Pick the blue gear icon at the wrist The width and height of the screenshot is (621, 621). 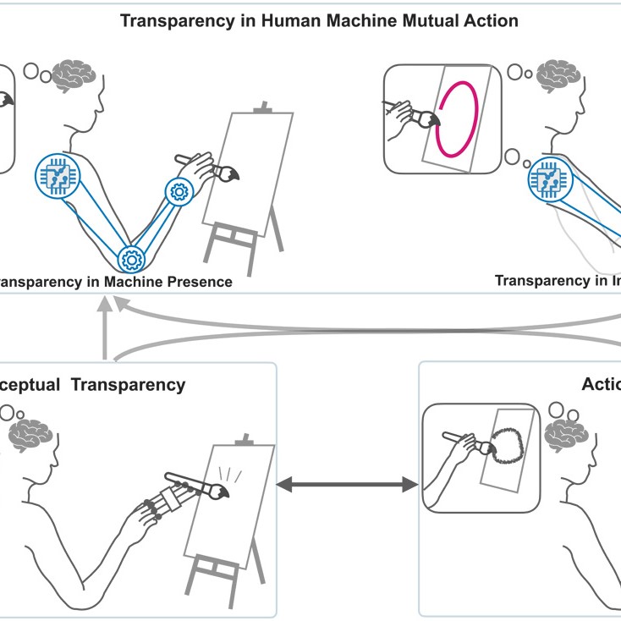pos(179,190)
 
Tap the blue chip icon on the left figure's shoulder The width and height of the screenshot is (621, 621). pos(58,177)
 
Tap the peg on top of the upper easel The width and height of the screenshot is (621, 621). pos(265,107)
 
